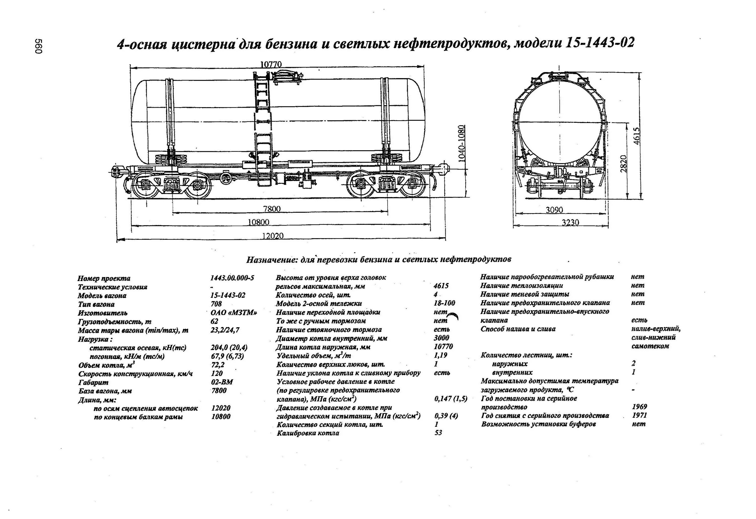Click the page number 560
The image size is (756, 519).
(38, 47)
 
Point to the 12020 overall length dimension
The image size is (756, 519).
(273, 236)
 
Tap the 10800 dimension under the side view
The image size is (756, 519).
(259, 222)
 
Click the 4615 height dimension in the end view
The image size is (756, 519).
(637, 136)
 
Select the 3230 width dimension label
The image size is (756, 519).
(571, 222)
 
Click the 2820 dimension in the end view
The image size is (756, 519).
(623, 164)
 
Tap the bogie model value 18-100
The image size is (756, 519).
(444, 303)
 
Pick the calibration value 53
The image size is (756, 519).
(438, 433)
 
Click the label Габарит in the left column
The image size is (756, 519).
(93, 382)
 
